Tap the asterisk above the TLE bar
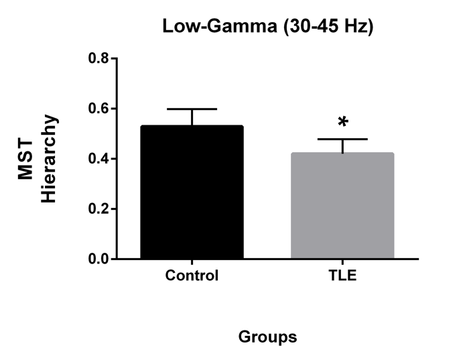click(343, 123)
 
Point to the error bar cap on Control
click(192, 109)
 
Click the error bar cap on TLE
click(342, 139)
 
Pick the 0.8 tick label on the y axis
click(98, 58)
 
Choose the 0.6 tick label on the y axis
click(98, 109)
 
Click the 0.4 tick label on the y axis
click(98, 159)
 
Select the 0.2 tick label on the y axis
click(98, 209)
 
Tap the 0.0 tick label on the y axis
click(98, 259)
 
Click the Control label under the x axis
click(192, 276)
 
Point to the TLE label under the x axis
click(342, 276)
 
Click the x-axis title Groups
click(267, 337)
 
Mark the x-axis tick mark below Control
click(192, 263)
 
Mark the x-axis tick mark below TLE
click(342, 263)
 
